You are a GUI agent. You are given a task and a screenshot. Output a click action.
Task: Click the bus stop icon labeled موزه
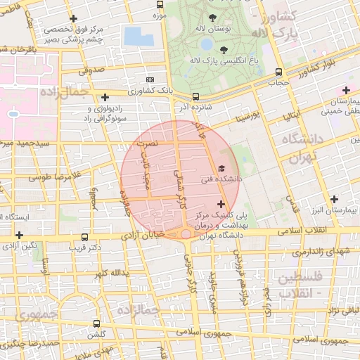tap(159, 4)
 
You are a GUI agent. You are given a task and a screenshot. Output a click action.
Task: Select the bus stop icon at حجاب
tap(280, 72)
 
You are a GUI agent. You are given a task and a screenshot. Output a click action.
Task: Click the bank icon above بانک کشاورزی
tap(149, 79)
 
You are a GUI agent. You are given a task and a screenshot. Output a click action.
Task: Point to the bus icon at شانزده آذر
tap(195, 96)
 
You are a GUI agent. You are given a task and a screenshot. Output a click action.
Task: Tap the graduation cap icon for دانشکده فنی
tap(221, 169)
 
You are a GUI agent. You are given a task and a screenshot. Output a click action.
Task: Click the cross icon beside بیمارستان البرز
tap(334, 200)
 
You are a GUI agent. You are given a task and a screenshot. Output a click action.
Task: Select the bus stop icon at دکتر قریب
tap(85, 238)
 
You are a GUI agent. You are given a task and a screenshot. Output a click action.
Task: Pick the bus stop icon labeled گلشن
tap(96, 323)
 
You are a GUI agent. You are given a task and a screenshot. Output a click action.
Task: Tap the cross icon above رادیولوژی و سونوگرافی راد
tap(105, 98)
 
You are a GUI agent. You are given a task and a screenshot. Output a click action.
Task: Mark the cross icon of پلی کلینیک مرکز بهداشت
tap(221, 204)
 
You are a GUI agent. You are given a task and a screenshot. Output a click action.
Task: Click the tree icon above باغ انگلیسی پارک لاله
tap(224, 49)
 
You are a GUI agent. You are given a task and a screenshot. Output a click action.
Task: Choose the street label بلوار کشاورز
tap(326, 67)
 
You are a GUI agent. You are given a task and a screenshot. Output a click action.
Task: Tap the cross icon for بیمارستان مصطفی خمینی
tap(345, 90)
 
